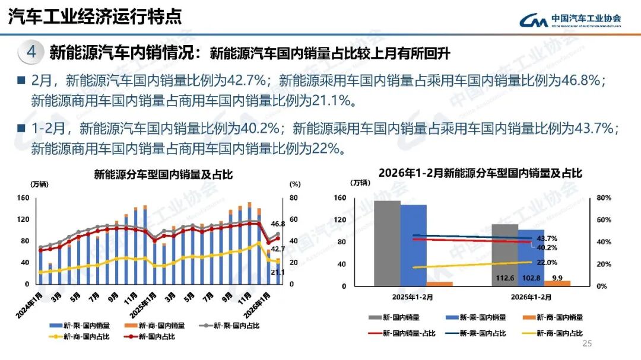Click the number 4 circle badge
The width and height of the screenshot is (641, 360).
tap(31, 52)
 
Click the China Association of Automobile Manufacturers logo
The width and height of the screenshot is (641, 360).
tap(570, 20)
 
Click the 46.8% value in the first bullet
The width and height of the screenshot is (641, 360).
tap(577, 80)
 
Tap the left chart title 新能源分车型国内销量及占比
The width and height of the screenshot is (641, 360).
tap(163, 174)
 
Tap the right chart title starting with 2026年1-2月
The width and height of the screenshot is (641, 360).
tap(481, 173)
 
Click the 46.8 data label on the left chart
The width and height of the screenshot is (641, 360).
tap(278, 224)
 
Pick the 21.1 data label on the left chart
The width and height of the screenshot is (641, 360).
tap(278, 272)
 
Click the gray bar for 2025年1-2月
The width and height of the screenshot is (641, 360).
tap(386, 243)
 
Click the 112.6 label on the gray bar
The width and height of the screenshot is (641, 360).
tap(504, 278)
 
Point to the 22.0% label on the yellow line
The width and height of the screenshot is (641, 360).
tap(547, 262)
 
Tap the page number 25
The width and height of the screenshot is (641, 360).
tap(588, 344)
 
